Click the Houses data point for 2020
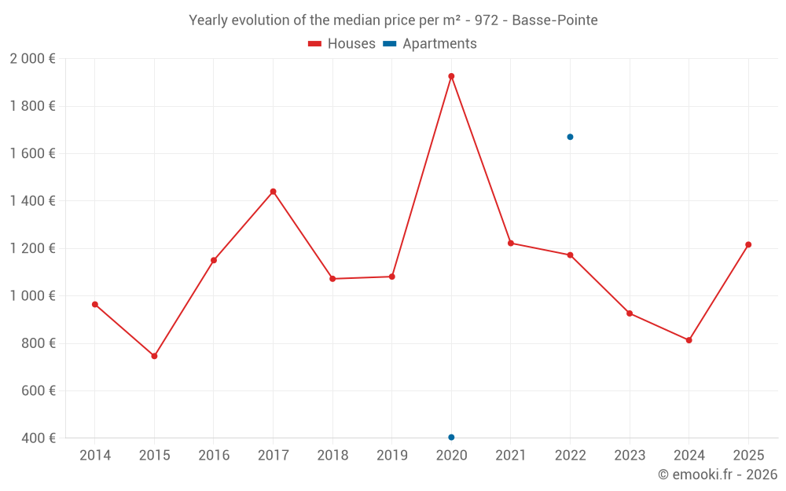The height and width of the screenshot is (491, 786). point(451,76)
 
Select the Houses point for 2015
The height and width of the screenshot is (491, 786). point(154,356)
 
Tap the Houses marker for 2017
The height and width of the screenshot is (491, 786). point(273,192)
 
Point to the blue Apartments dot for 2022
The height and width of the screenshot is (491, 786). point(570,137)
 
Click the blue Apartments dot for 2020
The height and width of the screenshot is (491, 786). point(451,437)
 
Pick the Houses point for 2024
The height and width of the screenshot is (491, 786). point(689,340)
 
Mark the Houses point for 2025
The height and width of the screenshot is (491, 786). point(748,244)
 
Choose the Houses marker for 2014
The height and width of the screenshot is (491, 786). point(95,304)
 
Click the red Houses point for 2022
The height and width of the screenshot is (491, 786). point(570,255)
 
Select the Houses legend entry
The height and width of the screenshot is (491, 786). point(342,44)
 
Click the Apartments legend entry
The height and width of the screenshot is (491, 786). point(430,44)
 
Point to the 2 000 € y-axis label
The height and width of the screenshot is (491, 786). point(33,59)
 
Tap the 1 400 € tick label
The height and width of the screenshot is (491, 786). point(33,201)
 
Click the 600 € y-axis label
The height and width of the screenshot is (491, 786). point(38,390)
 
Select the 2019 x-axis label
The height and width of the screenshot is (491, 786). point(391,456)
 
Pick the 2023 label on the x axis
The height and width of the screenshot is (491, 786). point(629,456)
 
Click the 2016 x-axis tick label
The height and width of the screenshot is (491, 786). point(214,456)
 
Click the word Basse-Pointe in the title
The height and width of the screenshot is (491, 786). point(554,20)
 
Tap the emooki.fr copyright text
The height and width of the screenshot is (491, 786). point(718,475)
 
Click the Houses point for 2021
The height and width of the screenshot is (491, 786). point(511,243)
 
